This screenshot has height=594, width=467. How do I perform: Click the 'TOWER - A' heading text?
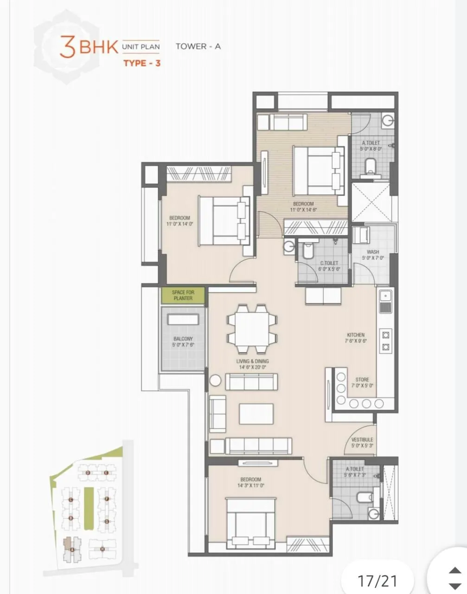tap(198, 46)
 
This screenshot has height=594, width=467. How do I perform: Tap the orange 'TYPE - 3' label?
tap(142, 63)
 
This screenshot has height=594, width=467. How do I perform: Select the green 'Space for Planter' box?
tap(183, 295)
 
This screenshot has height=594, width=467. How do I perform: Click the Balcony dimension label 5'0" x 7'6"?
tap(183, 345)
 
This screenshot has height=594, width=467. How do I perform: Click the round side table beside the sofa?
tap(215, 380)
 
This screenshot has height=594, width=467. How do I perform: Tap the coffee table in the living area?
tap(256, 413)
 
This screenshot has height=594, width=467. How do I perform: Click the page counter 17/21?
tap(377, 580)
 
